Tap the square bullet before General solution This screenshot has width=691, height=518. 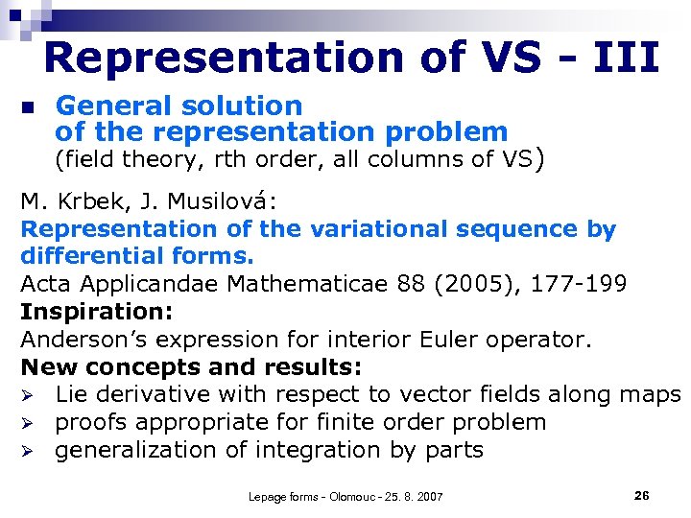(28, 107)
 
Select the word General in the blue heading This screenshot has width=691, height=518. (106, 106)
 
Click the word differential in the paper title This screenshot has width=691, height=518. (85, 257)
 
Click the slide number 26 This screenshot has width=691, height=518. (642, 495)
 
